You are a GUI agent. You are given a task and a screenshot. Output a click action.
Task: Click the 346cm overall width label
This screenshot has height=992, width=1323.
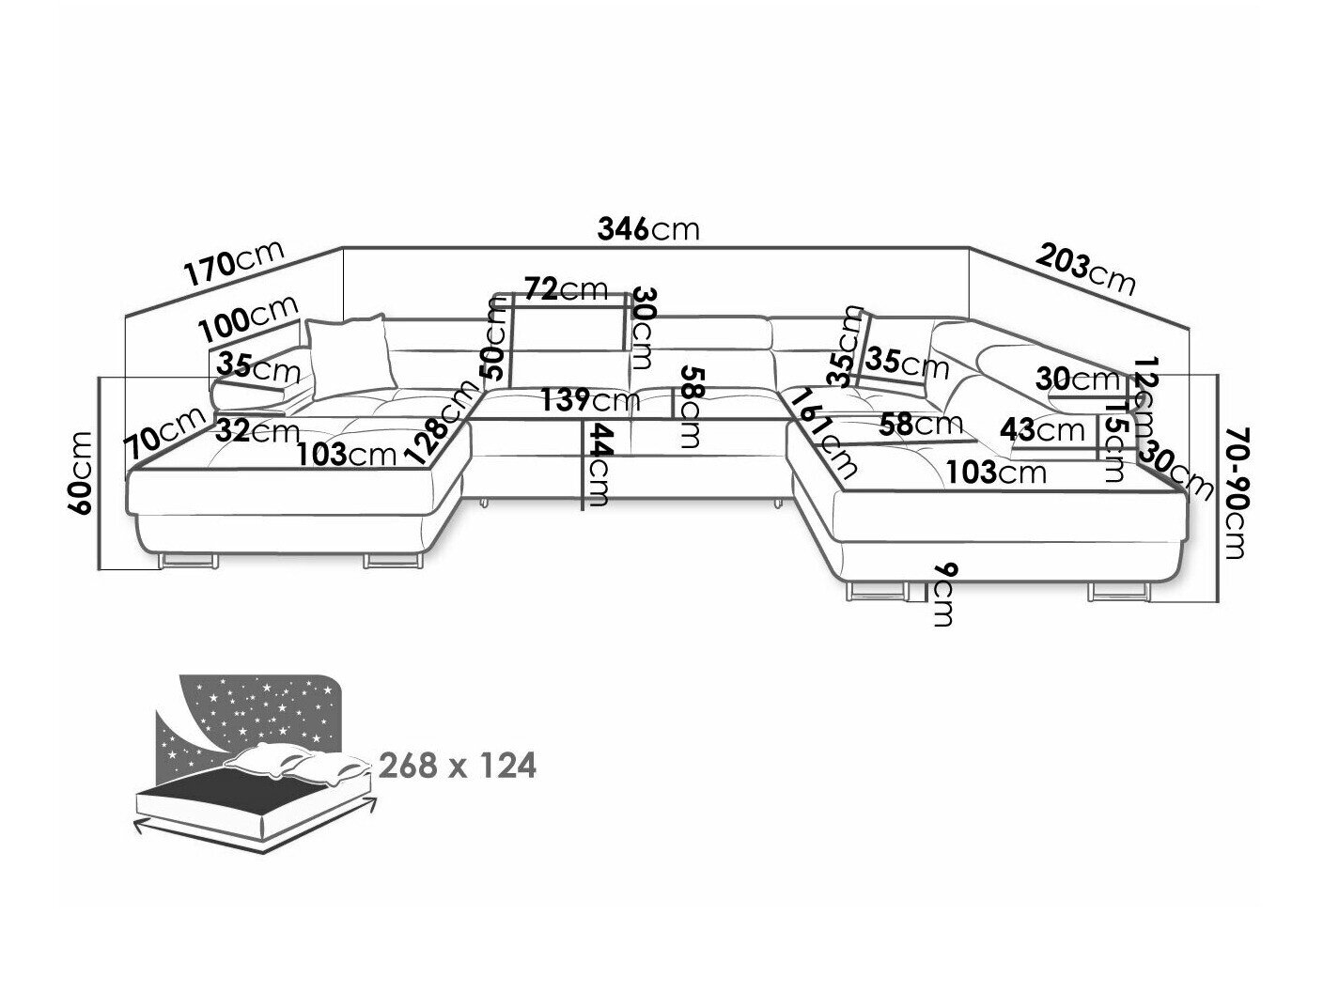click(648, 229)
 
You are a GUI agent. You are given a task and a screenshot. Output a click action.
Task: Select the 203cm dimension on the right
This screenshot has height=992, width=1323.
click(1086, 268)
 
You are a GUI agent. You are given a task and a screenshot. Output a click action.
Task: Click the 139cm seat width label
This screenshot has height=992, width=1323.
click(589, 401)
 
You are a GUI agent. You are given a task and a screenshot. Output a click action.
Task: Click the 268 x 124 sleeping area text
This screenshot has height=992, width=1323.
click(457, 766)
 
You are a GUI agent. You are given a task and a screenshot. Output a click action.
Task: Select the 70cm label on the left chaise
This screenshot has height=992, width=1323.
click(166, 434)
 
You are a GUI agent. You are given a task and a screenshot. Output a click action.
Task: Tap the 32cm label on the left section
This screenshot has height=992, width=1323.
click(257, 431)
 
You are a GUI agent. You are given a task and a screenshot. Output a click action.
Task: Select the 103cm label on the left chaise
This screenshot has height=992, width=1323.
click(346, 455)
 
